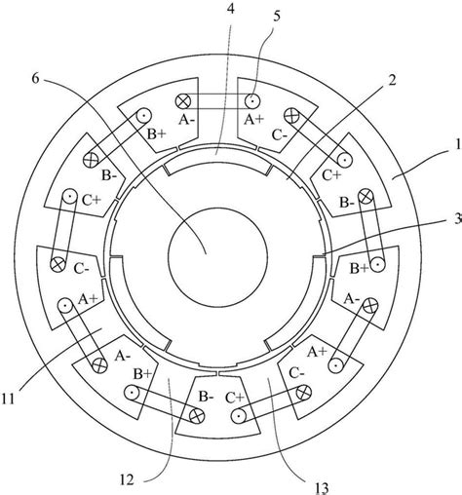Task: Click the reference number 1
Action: pos(458,144)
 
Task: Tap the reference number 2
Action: pos(392,80)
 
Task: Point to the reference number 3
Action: pos(458,219)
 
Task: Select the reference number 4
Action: pos(230,9)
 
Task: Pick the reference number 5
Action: pos(277,17)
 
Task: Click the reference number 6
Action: pos(35,78)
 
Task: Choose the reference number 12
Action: pos(127,479)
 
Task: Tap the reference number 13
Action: pos(322,487)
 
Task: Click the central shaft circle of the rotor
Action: pos(217,257)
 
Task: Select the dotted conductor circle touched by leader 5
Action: pos(252,101)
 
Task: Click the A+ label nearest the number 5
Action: pos(254,120)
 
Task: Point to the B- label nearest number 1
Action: pos(347,203)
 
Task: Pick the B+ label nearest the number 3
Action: pos(360,269)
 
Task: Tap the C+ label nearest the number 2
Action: pos(331,175)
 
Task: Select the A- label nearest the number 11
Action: pos(123,357)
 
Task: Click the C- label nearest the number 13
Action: pos(296,373)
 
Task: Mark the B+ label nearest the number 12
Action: pos(142,374)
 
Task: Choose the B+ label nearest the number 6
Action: pos(157,133)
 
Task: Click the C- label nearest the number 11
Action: pos(82,269)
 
